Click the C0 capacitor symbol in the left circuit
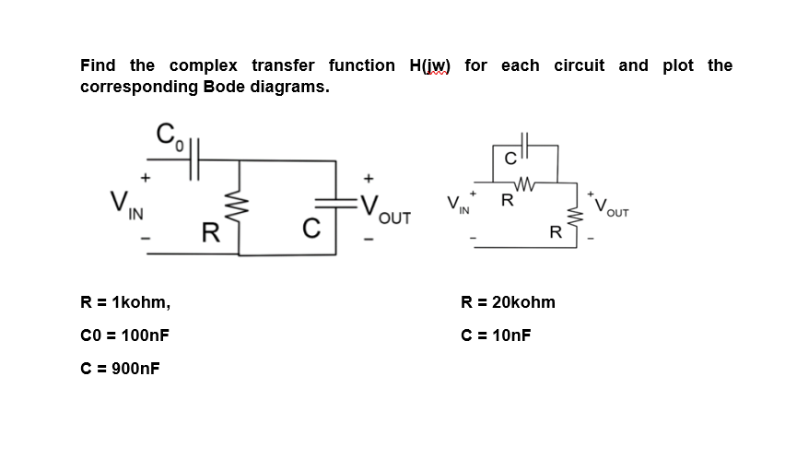pos(196,160)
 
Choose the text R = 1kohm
pos(125,302)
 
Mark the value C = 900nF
pos(120,369)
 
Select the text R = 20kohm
pos(509,302)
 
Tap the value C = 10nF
pos(496,335)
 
